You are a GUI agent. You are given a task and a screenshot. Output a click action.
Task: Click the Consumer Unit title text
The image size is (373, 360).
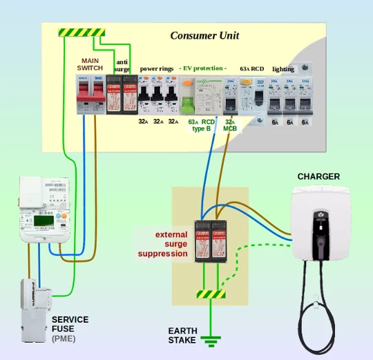point(204,36)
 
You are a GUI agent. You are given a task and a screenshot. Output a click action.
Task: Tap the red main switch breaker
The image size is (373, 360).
point(90,93)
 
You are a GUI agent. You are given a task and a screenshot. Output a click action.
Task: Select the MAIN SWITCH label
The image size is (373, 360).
point(90,65)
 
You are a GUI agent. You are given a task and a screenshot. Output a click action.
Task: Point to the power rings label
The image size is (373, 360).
point(157,68)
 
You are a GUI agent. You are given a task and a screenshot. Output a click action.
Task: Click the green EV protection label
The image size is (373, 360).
point(203,68)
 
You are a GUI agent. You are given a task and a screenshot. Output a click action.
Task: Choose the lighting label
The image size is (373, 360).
point(283,69)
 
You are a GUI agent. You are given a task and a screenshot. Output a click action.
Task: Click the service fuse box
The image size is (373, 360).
point(33,311)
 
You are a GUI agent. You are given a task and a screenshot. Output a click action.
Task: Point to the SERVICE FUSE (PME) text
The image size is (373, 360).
point(70,329)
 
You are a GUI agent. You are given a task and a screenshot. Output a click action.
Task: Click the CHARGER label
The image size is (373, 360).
point(318,177)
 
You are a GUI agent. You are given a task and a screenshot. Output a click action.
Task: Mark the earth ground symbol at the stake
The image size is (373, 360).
point(210,339)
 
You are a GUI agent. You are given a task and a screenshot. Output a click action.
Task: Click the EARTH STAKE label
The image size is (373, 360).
point(182,335)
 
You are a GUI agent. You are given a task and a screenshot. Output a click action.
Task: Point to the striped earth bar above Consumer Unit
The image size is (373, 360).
point(82,32)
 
